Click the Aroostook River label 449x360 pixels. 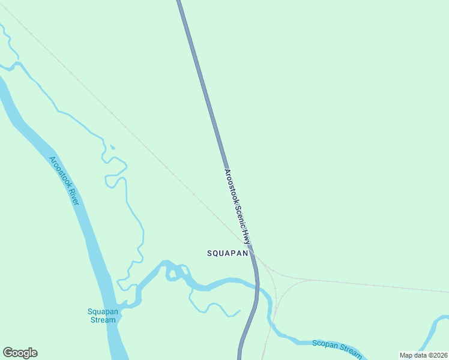64,180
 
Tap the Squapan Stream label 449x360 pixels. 101,315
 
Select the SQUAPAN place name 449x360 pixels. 228,254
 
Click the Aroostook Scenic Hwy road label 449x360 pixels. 237,206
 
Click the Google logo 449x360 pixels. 20,353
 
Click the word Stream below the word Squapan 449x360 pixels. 103,320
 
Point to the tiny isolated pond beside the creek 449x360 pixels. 112,147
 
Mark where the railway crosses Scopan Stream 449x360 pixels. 270,324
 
